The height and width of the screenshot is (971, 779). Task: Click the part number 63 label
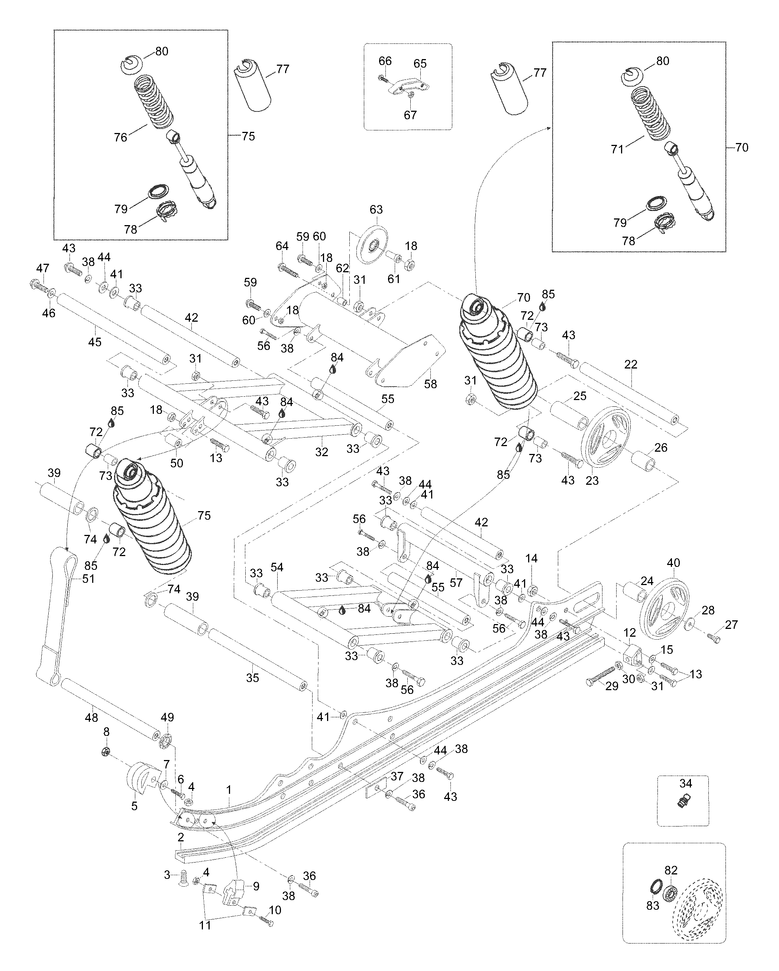click(x=376, y=210)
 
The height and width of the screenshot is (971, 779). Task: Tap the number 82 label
click(x=671, y=870)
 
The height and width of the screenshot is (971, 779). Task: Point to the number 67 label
click(x=410, y=115)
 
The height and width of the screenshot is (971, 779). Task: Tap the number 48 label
click(x=91, y=717)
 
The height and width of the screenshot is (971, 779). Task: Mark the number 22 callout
click(x=631, y=364)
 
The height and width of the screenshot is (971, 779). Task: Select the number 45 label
click(x=95, y=342)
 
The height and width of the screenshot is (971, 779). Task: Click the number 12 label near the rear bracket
click(x=630, y=632)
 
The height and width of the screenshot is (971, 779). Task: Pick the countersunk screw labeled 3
click(x=183, y=878)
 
